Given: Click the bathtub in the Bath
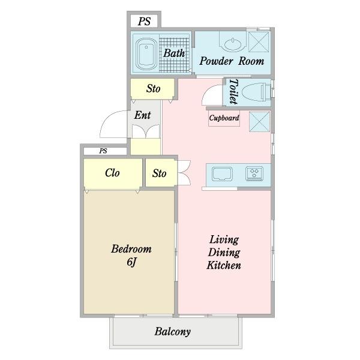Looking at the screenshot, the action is pos(146,54).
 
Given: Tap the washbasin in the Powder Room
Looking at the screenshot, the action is pos(233,44).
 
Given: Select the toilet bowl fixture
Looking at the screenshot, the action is pos(257,92).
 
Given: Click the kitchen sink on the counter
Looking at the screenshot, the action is pos(222,174).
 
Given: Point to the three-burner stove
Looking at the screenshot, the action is pos(254,173).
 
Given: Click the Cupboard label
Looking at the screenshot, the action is pos(224,118).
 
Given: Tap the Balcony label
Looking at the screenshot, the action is pos(172,332).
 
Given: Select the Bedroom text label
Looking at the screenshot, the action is pos(131,249).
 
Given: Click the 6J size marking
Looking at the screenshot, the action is pos(131,262).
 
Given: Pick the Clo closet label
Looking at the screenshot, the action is pos(112,173).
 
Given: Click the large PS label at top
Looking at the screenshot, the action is pos(144,22).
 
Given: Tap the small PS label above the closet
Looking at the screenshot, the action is pos(103,151).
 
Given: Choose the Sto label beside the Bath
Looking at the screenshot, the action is pos(153,89).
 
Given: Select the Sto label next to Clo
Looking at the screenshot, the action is pos(159,173).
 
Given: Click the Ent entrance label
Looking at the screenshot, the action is pos(143,115).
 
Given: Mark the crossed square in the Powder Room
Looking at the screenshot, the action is pos(259,42).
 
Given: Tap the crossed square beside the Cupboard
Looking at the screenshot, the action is pos(259,122).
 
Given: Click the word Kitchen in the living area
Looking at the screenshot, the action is pos(224,265).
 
